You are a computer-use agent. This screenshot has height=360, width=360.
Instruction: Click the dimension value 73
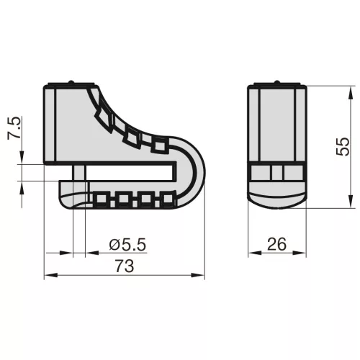point(125,266)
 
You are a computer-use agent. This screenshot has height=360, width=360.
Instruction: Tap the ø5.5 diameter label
point(127,245)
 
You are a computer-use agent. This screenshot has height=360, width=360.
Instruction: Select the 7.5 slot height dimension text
point(14,128)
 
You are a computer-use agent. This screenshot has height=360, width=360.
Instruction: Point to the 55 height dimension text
point(343,147)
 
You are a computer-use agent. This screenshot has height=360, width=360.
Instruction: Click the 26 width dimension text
point(276,244)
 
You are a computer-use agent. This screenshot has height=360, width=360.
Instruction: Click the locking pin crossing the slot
point(79,173)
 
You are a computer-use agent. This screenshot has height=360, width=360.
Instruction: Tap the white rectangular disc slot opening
point(130,173)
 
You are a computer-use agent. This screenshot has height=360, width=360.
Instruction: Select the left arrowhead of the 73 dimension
point(51,275)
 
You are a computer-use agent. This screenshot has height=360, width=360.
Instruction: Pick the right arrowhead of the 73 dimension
point(198,275)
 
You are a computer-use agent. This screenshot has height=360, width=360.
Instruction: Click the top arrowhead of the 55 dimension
point(351,92)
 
